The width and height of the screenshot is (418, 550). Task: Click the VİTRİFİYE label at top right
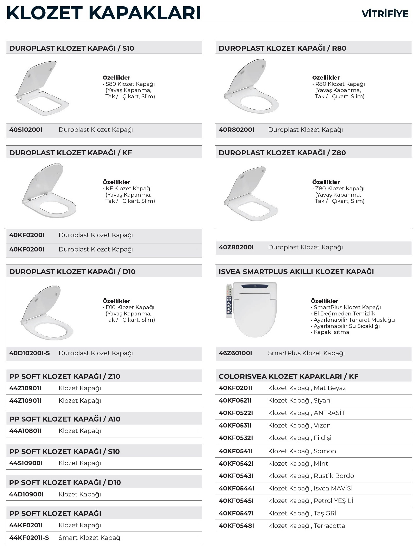385,14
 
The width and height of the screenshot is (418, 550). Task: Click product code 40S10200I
26,130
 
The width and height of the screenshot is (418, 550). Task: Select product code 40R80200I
236,130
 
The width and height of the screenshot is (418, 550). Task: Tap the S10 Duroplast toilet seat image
42,88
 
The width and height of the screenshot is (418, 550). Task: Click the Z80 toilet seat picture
251,194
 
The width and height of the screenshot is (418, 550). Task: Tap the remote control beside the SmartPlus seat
229,300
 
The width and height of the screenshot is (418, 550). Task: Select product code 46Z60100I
235,353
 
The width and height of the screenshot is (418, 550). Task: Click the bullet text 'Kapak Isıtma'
331,332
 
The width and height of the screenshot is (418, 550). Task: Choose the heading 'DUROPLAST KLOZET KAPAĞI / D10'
72,271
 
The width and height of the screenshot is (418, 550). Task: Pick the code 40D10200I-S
29,353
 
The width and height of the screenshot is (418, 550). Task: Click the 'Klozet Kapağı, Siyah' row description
299,400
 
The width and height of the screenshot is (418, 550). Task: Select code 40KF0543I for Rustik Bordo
236,476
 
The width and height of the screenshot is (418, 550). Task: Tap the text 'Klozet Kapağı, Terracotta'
306,526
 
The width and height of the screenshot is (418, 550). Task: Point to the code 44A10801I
26,431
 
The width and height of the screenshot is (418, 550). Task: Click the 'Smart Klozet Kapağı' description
90,538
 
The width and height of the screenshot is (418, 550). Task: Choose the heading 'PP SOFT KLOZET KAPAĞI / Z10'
65,376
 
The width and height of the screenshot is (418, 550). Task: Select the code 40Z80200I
236,247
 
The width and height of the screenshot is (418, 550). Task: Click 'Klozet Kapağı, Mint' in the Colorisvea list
298,463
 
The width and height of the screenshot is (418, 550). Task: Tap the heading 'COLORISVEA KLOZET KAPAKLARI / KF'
288,376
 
